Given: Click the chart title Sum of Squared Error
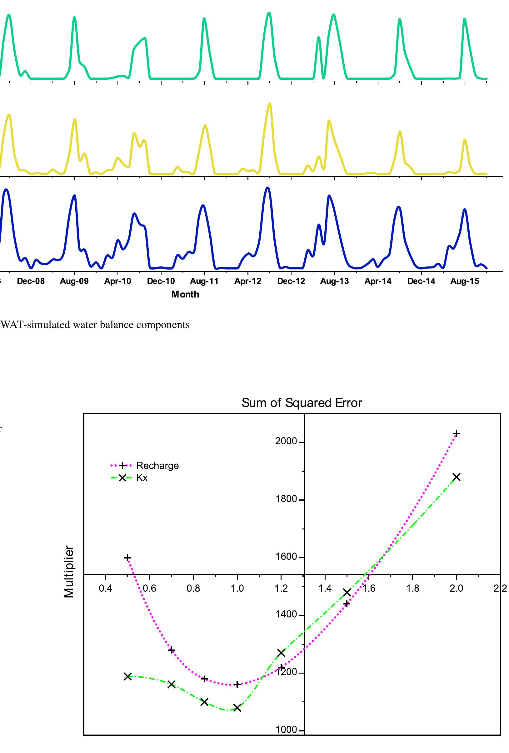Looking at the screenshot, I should tap(302, 403).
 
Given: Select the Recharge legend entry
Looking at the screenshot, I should tap(157, 466).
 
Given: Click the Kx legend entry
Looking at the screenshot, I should tap(142, 478).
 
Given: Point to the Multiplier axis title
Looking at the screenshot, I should tap(69, 572).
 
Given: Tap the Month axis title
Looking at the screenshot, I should tap(185, 294).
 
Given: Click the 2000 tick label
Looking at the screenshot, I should tap(286, 441).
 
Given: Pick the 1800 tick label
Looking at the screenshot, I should tap(286, 499).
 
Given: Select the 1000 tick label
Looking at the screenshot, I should tap(286, 730).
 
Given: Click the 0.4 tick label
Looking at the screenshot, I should tap(105, 588).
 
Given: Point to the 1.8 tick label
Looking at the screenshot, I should tap(412, 588).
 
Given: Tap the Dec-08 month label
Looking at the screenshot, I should tap(31, 281).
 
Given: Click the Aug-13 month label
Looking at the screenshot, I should tap(334, 281).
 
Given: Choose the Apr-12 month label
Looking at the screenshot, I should tap(248, 281).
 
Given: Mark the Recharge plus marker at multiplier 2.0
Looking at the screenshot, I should tap(456, 433).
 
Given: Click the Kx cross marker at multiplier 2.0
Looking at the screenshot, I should tap(457, 477).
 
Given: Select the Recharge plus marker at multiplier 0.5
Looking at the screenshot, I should tap(127, 558).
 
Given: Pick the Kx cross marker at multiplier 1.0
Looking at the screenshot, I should tap(237, 708).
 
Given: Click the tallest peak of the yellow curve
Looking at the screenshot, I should tap(270, 104).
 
